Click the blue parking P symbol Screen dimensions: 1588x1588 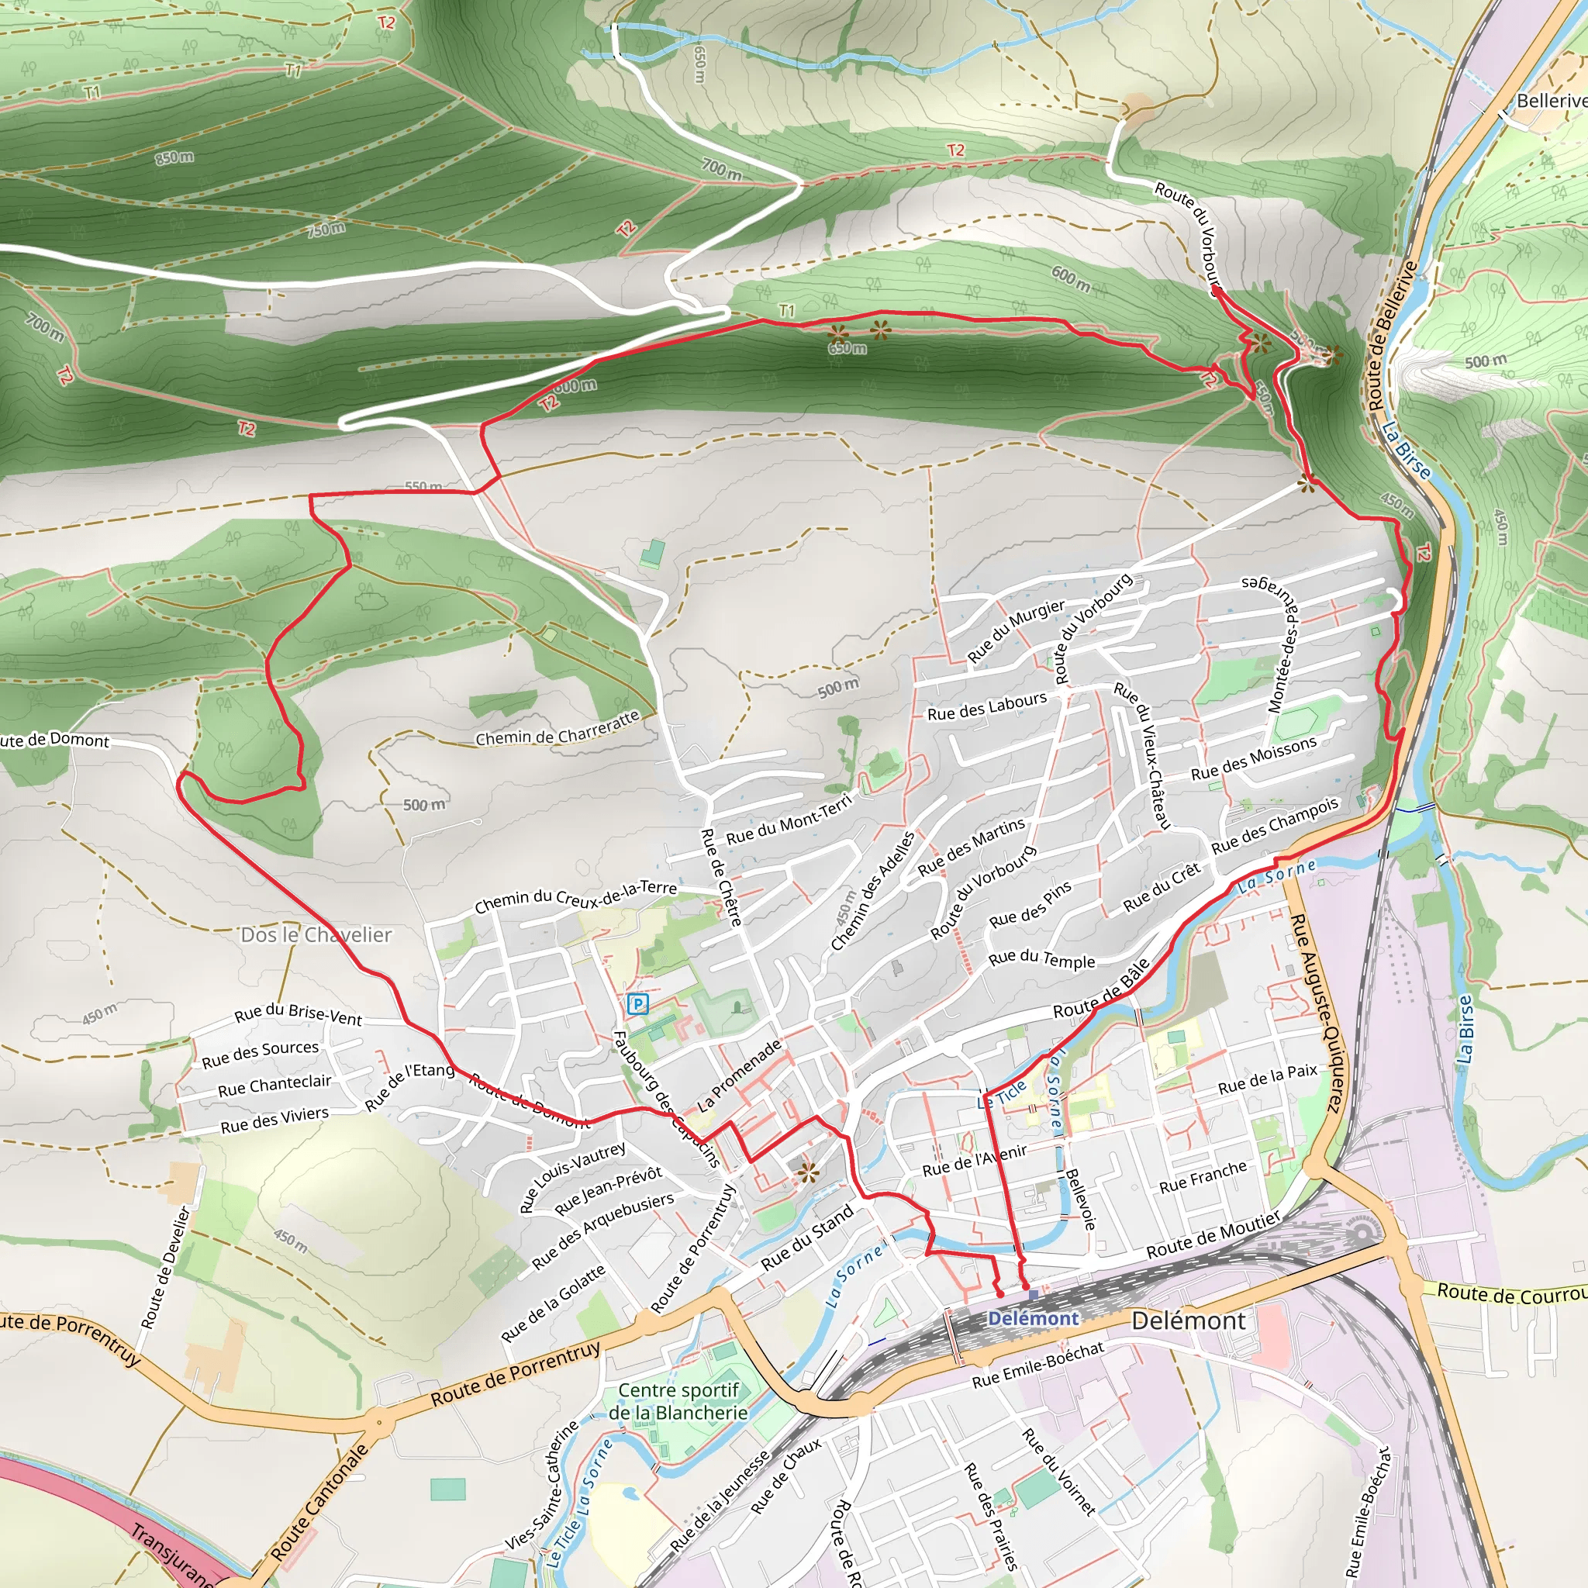tap(637, 1003)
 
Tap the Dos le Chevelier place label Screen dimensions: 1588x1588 tap(316, 934)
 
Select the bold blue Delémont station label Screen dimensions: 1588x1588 tap(1033, 1319)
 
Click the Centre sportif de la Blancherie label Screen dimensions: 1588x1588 tap(678, 1401)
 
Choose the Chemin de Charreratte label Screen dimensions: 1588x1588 tap(558, 728)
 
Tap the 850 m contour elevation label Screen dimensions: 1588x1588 tap(174, 156)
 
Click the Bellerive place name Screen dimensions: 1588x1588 tap(1550, 100)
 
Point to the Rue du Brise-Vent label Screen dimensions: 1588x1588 tap(298, 1015)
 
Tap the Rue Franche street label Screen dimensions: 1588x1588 tap(1203, 1176)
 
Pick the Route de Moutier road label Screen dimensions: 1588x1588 tap(1213, 1234)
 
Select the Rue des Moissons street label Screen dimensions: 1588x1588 tap(1254, 758)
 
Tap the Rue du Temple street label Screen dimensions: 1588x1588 tap(1041, 959)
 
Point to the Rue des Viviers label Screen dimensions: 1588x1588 tap(274, 1120)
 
